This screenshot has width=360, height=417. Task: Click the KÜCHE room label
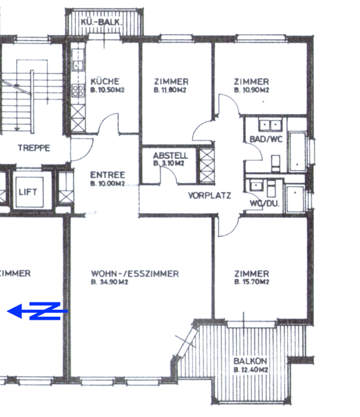click(105, 82)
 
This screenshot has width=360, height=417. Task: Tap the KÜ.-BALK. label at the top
click(103, 23)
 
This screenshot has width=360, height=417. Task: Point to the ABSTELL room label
click(170, 155)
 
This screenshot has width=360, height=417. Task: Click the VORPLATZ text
click(209, 196)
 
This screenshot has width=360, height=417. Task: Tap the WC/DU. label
click(265, 203)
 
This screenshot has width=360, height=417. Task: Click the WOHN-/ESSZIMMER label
click(134, 274)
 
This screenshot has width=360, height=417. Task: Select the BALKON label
click(250, 361)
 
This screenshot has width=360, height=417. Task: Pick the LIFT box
click(28, 192)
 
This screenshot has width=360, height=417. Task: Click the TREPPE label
click(34, 148)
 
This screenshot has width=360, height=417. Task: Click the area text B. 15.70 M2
click(251, 282)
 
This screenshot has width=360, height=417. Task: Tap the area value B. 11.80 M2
click(170, 90)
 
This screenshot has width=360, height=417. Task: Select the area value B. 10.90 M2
click(251, 90)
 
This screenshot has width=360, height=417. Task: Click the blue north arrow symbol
click(37, 311)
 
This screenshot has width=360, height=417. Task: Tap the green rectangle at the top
click(214, 14)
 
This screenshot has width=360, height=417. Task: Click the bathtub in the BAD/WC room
click(297, 150)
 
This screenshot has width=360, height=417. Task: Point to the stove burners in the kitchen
click(78, 91)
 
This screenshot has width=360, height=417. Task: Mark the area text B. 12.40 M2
click(250, 370)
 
